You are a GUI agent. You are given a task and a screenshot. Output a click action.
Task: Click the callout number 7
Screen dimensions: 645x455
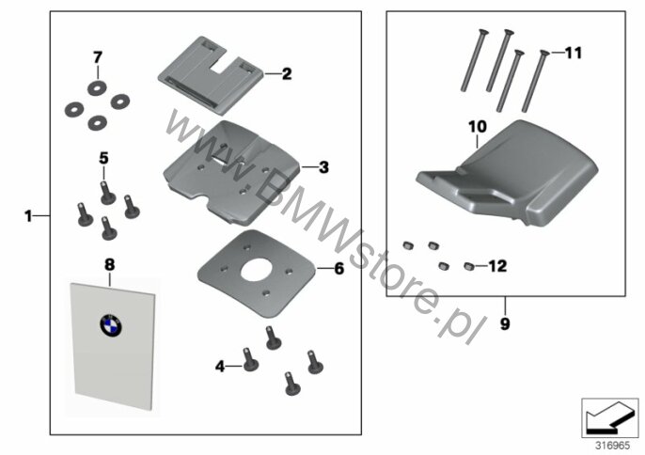(x=97, y=57)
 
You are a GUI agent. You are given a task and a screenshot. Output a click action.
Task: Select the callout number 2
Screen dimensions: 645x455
(x=287, y=74)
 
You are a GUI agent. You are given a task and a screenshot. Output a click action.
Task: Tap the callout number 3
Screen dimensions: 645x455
(x=323, y=167)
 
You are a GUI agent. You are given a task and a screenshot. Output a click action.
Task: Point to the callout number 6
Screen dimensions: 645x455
(x=338, y=269)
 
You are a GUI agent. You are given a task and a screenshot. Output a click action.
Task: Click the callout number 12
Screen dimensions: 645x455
(x=497, y=266)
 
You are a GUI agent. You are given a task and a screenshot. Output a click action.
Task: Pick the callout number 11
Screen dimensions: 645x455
(x=574, y=53)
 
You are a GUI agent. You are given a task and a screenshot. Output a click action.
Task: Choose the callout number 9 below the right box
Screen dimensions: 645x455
(x=505, y=323)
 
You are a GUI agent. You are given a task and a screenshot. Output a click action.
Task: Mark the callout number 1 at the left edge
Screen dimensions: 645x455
(x=28, y=215)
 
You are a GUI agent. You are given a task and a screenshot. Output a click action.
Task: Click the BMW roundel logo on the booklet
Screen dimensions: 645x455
(x=111, y=325)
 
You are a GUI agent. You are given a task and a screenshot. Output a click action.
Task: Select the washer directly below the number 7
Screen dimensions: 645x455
(x=97, y=87)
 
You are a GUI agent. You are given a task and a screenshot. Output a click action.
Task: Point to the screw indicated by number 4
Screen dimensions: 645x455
(x=250, y=359)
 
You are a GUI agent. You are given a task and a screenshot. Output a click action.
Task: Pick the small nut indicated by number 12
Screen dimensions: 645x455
(x=469, y=267)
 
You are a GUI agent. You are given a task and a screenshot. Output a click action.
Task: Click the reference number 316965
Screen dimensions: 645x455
(x=612, y=446)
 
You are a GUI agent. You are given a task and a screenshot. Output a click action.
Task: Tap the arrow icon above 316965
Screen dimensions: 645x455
(x=609, y=417)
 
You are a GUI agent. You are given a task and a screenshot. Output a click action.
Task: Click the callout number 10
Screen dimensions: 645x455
(x=478, y=127)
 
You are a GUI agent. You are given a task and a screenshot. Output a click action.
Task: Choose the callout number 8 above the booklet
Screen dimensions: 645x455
(x=109, y=265)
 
